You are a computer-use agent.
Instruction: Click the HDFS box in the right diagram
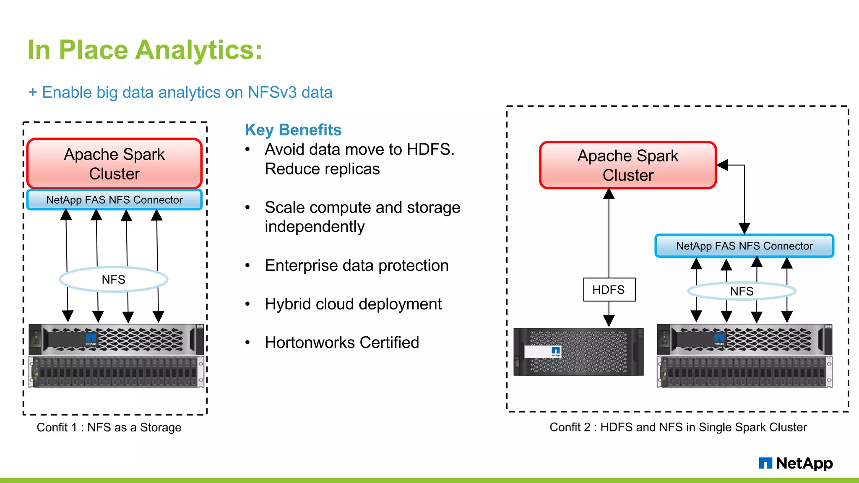[x=609, y=290]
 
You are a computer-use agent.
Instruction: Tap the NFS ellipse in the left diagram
[x=114, y=280]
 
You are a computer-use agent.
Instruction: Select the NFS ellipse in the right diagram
[x=742, y=291]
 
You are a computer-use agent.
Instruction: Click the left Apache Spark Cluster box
[x=114, y=164]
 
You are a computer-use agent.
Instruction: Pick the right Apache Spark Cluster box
[x=627, y=165]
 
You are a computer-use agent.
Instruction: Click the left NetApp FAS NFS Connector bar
[x=114, y=200]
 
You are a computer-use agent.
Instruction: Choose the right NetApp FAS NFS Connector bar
[x=744, y=246]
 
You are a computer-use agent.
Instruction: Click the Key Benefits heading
[x=293, y=130]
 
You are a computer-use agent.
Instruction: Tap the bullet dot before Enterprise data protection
[x=247, y=266]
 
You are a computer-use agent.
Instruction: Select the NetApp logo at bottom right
[x=796, y=463]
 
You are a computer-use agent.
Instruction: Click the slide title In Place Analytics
[x=145, y=50]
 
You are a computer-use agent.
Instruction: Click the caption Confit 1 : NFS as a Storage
[x=109, y=427]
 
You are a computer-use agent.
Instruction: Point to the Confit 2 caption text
[x=678, y=427]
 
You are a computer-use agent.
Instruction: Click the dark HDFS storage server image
[x=578, y=352]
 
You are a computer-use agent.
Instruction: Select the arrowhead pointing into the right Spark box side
[x=722, y=165]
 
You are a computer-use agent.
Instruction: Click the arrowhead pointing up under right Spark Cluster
[x=609, y=194]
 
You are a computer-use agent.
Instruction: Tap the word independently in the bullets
[x=315, y=227]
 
